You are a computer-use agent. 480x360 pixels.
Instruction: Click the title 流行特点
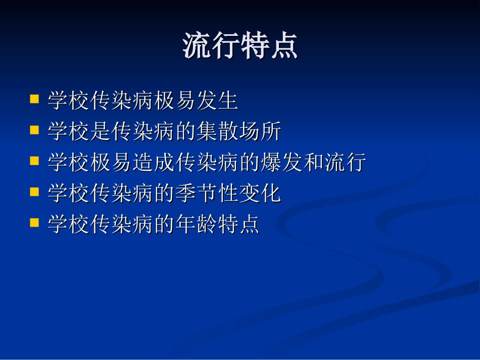pos(240,46)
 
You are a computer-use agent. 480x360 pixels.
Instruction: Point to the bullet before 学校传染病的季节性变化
pos(35,192)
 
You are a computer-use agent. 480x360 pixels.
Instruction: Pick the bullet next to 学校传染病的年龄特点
pos(35,223)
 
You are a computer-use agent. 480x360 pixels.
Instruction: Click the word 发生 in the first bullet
pos(217,101)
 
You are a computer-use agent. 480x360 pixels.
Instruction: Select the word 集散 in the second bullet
pos(217,132)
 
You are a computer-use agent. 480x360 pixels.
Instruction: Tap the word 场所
pos(260,132)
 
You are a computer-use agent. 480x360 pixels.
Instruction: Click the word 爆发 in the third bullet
pos(281,163)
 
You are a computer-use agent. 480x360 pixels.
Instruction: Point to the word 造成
pos(154,163)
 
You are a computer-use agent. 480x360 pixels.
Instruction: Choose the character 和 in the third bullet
pos(313,163)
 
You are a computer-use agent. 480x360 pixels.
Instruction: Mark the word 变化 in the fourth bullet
pos(260,194)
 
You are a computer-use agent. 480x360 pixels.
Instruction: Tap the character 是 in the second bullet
pos(101,132)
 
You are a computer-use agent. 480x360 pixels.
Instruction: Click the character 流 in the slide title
pos(197,46)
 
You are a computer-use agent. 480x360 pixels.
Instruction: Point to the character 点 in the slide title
pos(283,46)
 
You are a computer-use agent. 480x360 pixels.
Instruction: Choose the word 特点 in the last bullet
pos(238,225)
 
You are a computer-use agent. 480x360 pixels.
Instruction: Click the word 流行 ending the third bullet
pos(345,163)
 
